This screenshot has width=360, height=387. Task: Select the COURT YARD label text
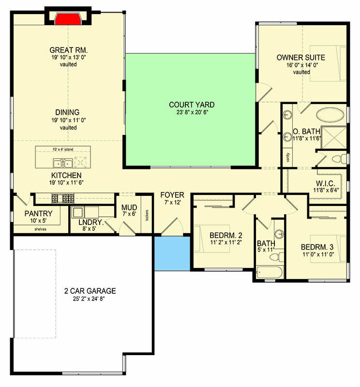pyautogui.click(x=192, y=104)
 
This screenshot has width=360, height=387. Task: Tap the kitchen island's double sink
pyautogui.click(x=63, y=163)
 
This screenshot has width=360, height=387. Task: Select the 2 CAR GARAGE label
pyautogui.click(x=90, y=291)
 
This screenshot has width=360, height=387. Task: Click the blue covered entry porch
pyautogui.click(x=172, y=253)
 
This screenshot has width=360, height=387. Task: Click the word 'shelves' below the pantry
pyautogui.click(x=40, y=229)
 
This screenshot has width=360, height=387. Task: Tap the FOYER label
pyautogui.click(x=172, y=195)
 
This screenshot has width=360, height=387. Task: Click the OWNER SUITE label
pyautogui.click(x=300, y=57)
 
